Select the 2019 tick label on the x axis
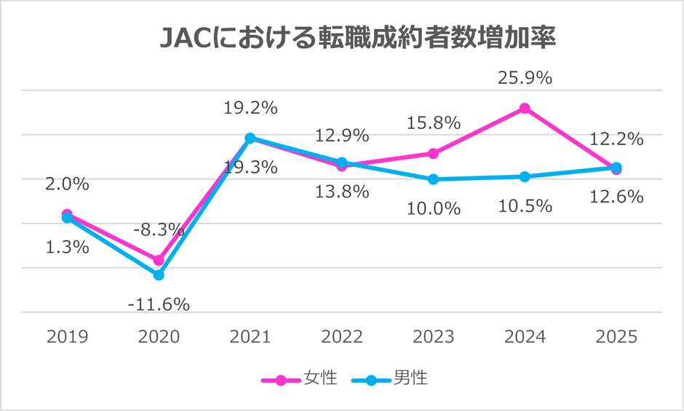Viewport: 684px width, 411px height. (67, 337)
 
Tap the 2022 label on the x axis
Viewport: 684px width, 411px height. (341, 337)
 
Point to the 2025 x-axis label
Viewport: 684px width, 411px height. (616, 337)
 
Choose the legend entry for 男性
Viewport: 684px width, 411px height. (390, 378)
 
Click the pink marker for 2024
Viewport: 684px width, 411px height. (525, 109)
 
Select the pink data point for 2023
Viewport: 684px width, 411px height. (433, 154)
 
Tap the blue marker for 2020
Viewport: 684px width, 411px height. (159, 275)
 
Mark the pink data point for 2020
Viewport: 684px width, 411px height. (159, 260)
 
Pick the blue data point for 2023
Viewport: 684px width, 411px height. (433, 179)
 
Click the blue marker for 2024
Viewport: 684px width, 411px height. (525, 177)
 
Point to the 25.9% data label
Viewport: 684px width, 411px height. (525, 77)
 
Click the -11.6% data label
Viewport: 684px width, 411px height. (159, 304)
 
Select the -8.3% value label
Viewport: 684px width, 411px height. (159, 230)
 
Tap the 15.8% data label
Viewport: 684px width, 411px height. (433, 122)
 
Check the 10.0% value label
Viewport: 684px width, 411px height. (433, 208)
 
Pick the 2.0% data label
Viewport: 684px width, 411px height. (67, 184)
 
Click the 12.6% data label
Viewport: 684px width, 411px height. (616, 197)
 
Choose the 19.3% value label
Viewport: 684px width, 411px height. (250, 168)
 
